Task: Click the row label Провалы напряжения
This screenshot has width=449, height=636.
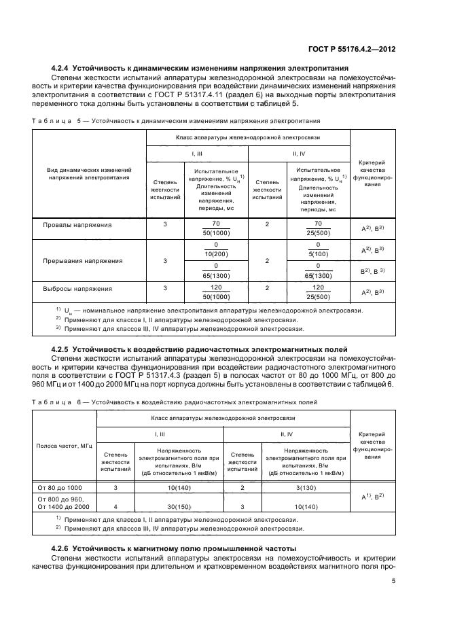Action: [x=77, y=224]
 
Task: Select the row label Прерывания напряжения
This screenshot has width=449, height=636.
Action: [x=83, y=260]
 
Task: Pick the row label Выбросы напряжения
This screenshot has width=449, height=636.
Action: [x=78, y=288]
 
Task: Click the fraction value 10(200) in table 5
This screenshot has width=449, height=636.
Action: [x=216, y=253]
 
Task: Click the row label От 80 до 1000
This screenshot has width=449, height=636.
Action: [x=61, y=487]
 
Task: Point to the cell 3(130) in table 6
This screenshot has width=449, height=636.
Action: [x=304, y=487]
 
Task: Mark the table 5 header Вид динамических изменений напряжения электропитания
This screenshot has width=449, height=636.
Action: [x=89, y=173]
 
